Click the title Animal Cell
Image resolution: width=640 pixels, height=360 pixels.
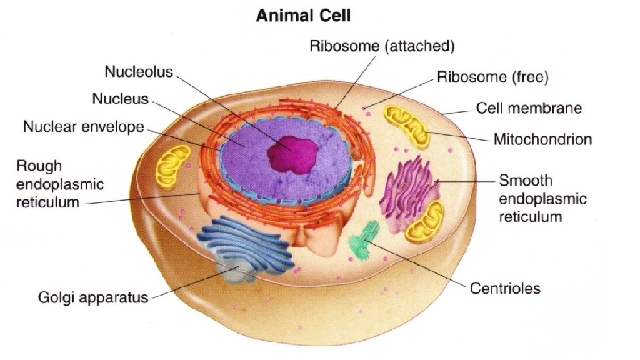pos(303,17)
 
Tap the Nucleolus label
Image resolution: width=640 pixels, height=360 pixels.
pos(138,72)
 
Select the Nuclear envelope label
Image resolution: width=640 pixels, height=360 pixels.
pos(83,127)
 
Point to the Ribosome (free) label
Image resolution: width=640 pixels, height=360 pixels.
pos(492,78)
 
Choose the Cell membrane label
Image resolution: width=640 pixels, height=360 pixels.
pos(529,108)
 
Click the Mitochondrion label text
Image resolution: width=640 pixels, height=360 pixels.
pos(542,139)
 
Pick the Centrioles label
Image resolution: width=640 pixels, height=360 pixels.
pos(505,289)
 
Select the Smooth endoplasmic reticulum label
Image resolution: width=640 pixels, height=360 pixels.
pos(542,199)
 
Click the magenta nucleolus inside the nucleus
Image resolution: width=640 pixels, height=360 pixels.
pos(293,152)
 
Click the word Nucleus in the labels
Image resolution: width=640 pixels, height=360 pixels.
pos(121,99)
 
